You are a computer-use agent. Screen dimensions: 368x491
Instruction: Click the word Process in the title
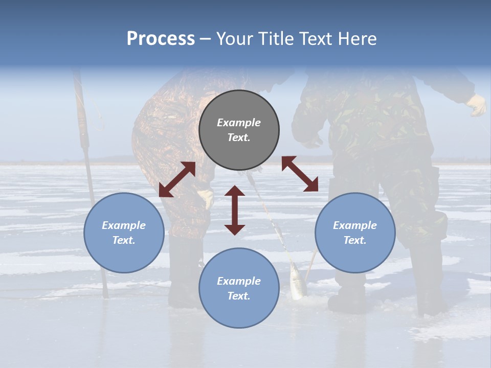[161, 39]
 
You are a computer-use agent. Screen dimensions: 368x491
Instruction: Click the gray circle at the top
[239, 130]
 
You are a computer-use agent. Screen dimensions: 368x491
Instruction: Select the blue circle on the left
[124, 233]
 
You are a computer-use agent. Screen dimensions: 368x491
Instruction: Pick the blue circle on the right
[355, 233]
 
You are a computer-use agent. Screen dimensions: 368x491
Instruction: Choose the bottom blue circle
[239, 288]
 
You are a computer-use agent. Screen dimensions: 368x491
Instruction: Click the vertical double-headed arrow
[235, 210]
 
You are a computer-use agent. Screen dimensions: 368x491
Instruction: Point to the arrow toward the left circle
[177, 179]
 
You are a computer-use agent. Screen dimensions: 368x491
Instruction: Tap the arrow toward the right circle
[300, 174]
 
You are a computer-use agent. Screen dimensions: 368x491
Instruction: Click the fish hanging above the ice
[297, 281]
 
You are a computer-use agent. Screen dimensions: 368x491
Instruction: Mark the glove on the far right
[477, 105]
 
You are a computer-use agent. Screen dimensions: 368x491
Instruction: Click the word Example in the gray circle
[239, 123]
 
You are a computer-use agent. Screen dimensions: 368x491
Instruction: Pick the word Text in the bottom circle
[239, 296]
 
